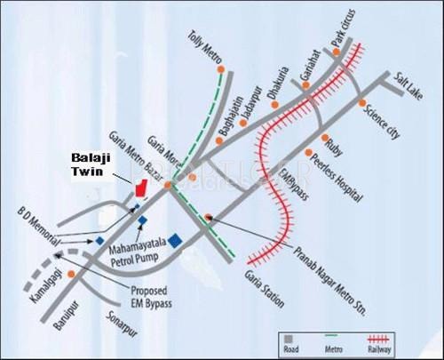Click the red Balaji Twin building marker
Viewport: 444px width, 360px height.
point(139,189)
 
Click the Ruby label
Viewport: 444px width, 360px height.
point(333,141)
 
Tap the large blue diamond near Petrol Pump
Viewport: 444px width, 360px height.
point(177,240)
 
